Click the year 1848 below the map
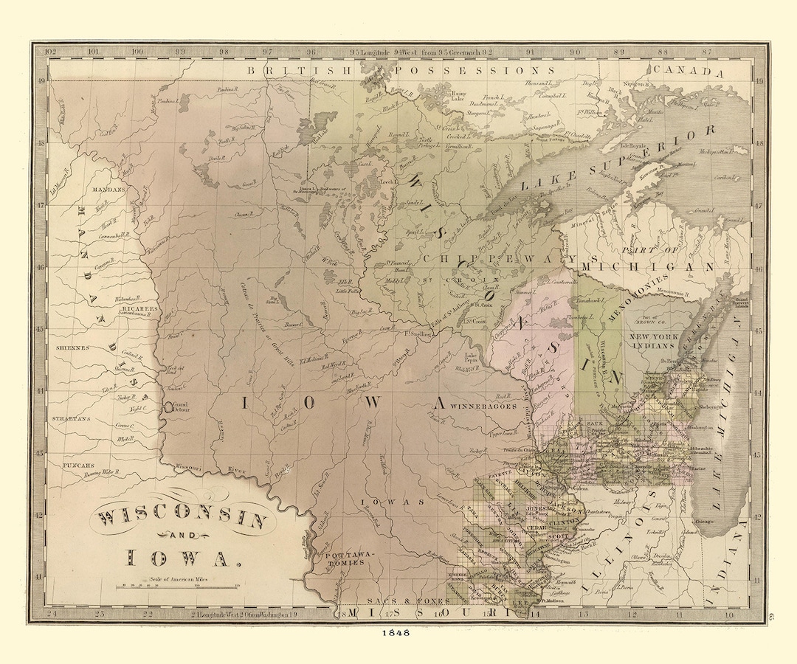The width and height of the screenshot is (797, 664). (398, 632)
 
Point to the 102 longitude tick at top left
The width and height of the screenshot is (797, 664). (50, 52)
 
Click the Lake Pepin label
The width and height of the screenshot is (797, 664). (473, 359)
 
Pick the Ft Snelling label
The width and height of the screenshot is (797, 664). (418, 333)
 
